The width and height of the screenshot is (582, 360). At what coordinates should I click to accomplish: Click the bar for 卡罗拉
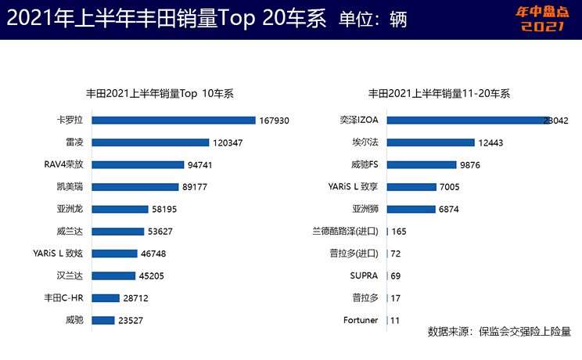point(174,121)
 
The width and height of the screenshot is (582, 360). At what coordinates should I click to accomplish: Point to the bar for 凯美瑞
point(135,187)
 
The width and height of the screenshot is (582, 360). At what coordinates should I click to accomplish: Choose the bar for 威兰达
point(118,231)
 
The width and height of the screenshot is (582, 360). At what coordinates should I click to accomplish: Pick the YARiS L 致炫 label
point(56,254)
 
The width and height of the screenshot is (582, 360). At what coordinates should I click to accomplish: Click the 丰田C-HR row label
point(65,298)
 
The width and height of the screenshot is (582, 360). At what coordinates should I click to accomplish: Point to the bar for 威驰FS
point(422,164)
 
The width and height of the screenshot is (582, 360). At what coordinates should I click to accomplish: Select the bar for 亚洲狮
point(411,209)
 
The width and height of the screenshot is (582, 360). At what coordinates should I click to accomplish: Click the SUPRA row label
point(364,275)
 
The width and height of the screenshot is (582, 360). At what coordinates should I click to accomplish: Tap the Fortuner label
point(361,320)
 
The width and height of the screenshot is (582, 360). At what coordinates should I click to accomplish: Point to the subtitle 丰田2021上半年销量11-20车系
point(439,94)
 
